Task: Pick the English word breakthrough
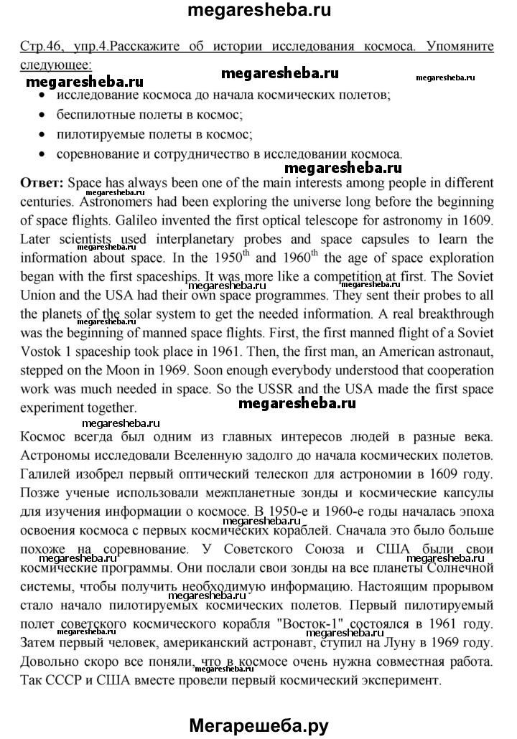[x=452, y=314]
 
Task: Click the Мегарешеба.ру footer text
[x=258, y=725]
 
